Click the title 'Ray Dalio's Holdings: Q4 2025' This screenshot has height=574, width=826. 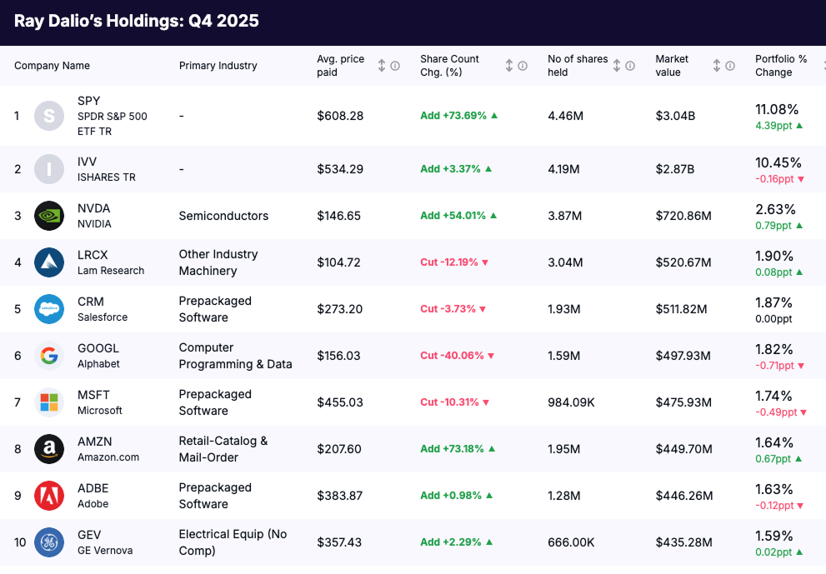(137, 21)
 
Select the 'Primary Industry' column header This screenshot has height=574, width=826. (218, 66)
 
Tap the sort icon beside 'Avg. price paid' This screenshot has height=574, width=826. (382, 66)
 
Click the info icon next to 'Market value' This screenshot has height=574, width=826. (730, 66)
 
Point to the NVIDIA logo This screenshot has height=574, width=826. (49, 216)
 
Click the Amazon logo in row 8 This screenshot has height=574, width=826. (49, 449)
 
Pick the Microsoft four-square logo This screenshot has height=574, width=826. (49, 402)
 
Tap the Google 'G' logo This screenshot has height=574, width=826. (49, 356)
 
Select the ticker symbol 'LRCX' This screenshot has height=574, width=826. (93, 255)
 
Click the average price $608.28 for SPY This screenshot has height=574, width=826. (340, 116)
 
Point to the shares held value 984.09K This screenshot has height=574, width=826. (571, 402)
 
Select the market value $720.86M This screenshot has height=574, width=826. (683, 216)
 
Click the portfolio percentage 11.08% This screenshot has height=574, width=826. (777, 109)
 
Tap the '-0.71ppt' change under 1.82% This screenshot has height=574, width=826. (774, 366)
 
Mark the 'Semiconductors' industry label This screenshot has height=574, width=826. (223, 216)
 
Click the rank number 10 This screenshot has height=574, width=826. (20, 542)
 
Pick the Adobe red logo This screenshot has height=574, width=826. (49, 496)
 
